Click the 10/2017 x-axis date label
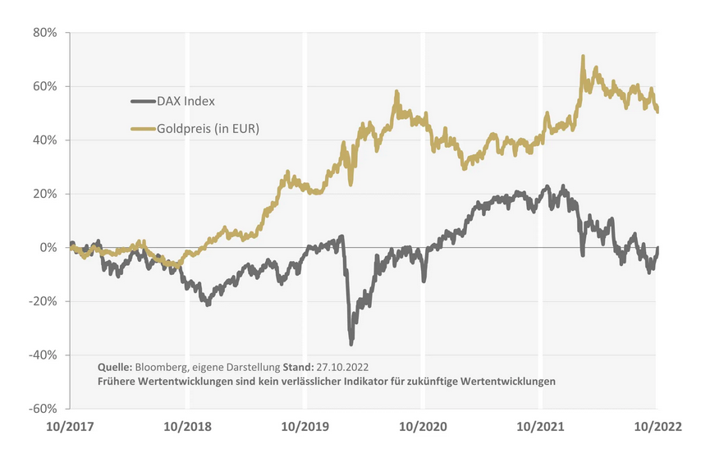click(x=69, y=427)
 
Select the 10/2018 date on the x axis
click(x=187, y=427)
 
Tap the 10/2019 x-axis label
click(x=305, y=427)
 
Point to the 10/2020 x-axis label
click(x=423, y=427)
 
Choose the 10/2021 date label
click(x=540, y=427)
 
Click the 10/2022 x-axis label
click(x=656, y=427)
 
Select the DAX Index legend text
click(x=186, y=102)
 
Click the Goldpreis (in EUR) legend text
click(x=208, y=128)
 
